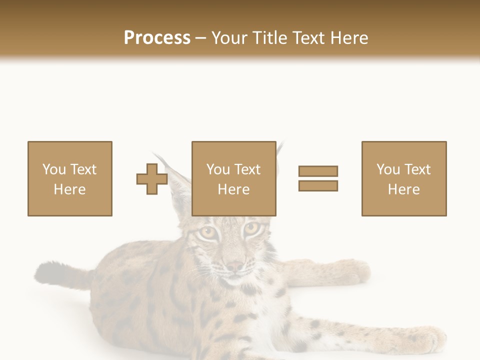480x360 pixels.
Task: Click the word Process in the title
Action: [x=157, y=38]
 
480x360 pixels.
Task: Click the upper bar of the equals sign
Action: [x=318, y=171]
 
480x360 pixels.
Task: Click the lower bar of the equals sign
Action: [x=318, y=185]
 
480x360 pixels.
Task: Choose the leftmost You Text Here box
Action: [x=70, y=178]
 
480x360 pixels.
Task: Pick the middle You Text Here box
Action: [x=233, y=178]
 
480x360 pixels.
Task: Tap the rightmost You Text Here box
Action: [x=403, y=178]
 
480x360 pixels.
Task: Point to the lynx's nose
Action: [x=234, y=265]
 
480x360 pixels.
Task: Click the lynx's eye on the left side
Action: [x=207, y=232]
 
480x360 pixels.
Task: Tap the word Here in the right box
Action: [x=403, y=189]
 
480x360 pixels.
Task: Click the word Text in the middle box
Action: [x=247, y=169]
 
